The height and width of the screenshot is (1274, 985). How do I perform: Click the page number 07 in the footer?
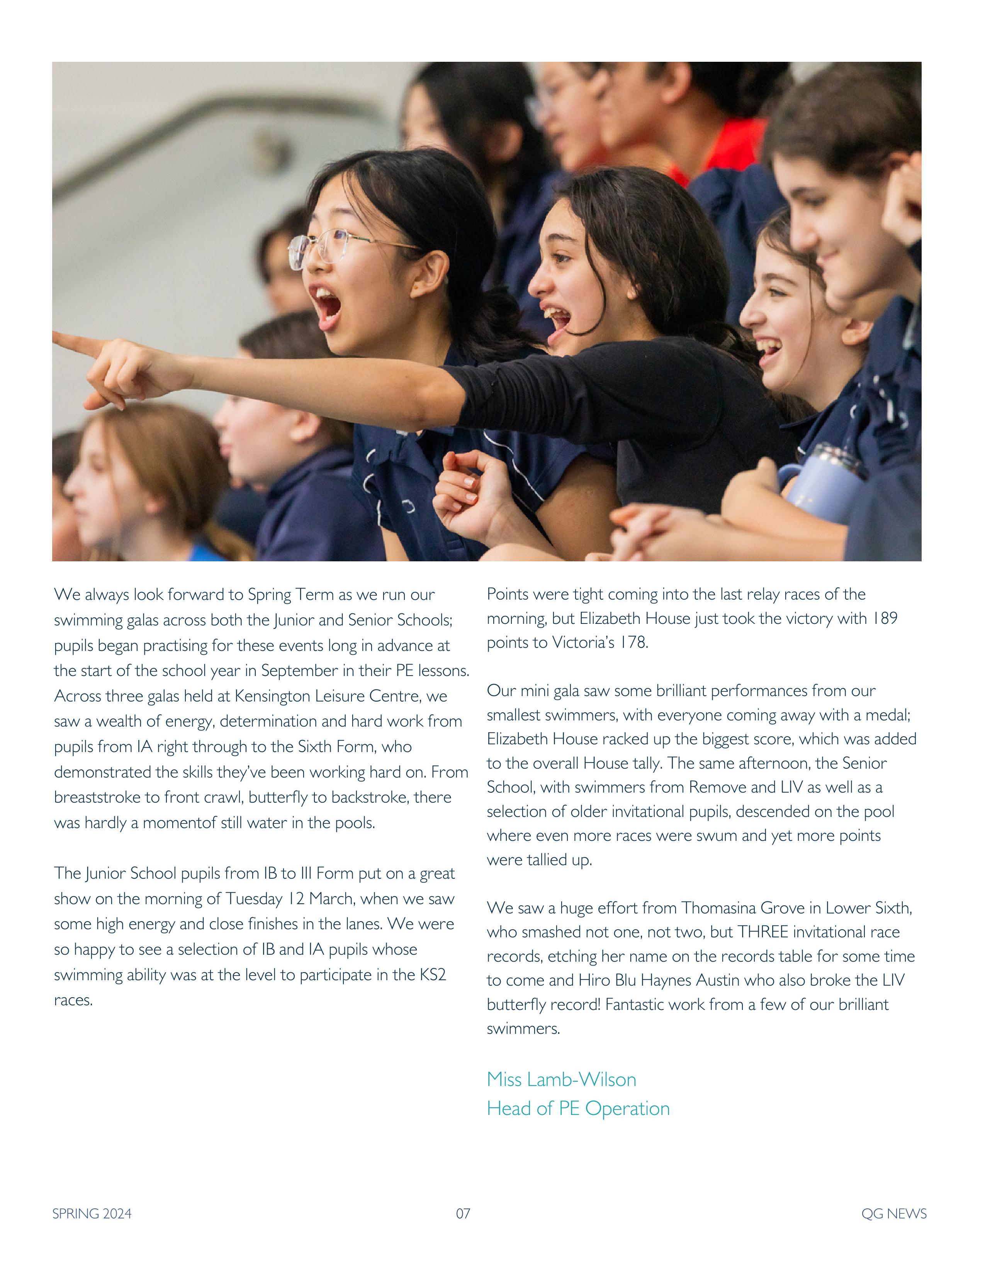(463, 1214)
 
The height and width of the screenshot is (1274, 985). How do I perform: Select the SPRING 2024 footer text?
(92, 1214)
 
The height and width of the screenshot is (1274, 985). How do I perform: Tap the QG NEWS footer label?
(893, 1214)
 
